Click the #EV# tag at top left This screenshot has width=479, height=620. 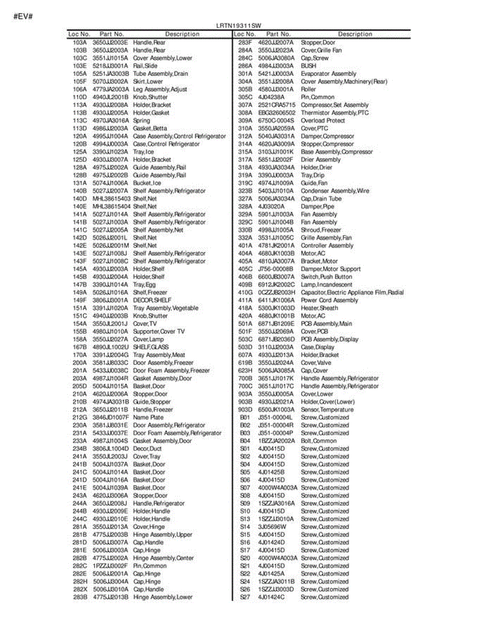tap(23, 16)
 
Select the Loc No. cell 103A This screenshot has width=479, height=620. tap(80, 42)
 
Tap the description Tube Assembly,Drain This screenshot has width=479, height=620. tap(161, 74)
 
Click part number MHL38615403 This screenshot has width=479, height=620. tap(112, 199)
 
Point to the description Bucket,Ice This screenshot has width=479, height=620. tap(147, 183)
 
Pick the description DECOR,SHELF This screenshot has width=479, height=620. tap(152, 300)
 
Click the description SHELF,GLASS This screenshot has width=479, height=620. tap(151, 347)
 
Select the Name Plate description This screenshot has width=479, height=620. tap(148, 417)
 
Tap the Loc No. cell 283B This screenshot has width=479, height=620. tap(80, 597)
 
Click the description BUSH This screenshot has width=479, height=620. tap(308, 66)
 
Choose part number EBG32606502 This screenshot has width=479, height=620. tap(277, 113)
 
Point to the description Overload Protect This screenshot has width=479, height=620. tap(323, 120)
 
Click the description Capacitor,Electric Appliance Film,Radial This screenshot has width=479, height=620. tap(352, 292)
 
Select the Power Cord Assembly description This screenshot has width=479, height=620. tap(329, 300)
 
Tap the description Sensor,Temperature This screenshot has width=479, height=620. tap(327, 410)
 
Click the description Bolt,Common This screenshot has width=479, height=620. tap(318, 441)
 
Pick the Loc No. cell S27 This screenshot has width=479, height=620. tap(245, 597)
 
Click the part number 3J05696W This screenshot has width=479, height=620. tap(272, 527)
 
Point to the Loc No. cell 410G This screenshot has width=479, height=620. tap(245, 292)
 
